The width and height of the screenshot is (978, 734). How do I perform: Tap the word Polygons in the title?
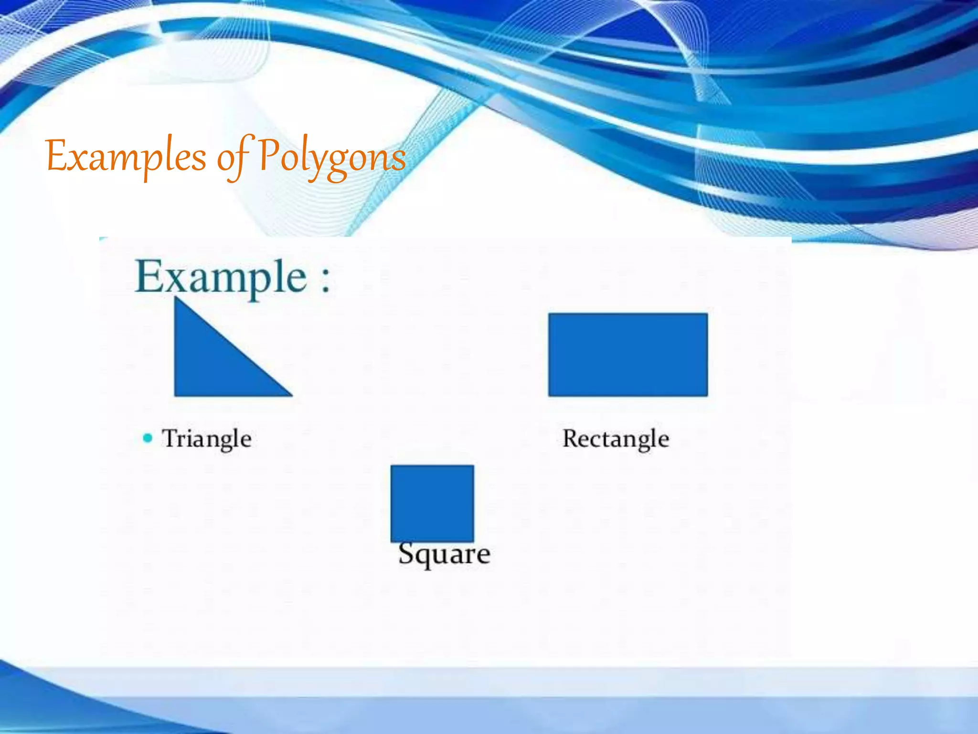(x=332, y=158)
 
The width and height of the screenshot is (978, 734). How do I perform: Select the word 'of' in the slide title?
(x=233, y=158)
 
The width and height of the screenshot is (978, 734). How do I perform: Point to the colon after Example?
(x=325, y=280)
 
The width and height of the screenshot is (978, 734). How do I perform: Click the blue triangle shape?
(x=210, y=363)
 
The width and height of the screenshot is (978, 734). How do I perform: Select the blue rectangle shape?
(x=628, y=355)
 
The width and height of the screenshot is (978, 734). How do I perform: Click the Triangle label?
(x=207, y=439)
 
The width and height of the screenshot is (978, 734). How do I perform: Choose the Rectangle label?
(x=616, y=439)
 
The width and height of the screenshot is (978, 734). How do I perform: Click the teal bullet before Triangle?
(x=148, y=438)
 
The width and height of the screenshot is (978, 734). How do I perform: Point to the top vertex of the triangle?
(x=176, y=298)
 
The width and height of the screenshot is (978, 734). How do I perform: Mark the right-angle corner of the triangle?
(x=176, y=395)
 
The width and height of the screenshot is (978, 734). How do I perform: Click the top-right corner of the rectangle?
(x=707, y=314)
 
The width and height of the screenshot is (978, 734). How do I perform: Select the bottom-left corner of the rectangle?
(x=550, y=395)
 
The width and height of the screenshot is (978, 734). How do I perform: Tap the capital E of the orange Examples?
(x=56, y=155)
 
